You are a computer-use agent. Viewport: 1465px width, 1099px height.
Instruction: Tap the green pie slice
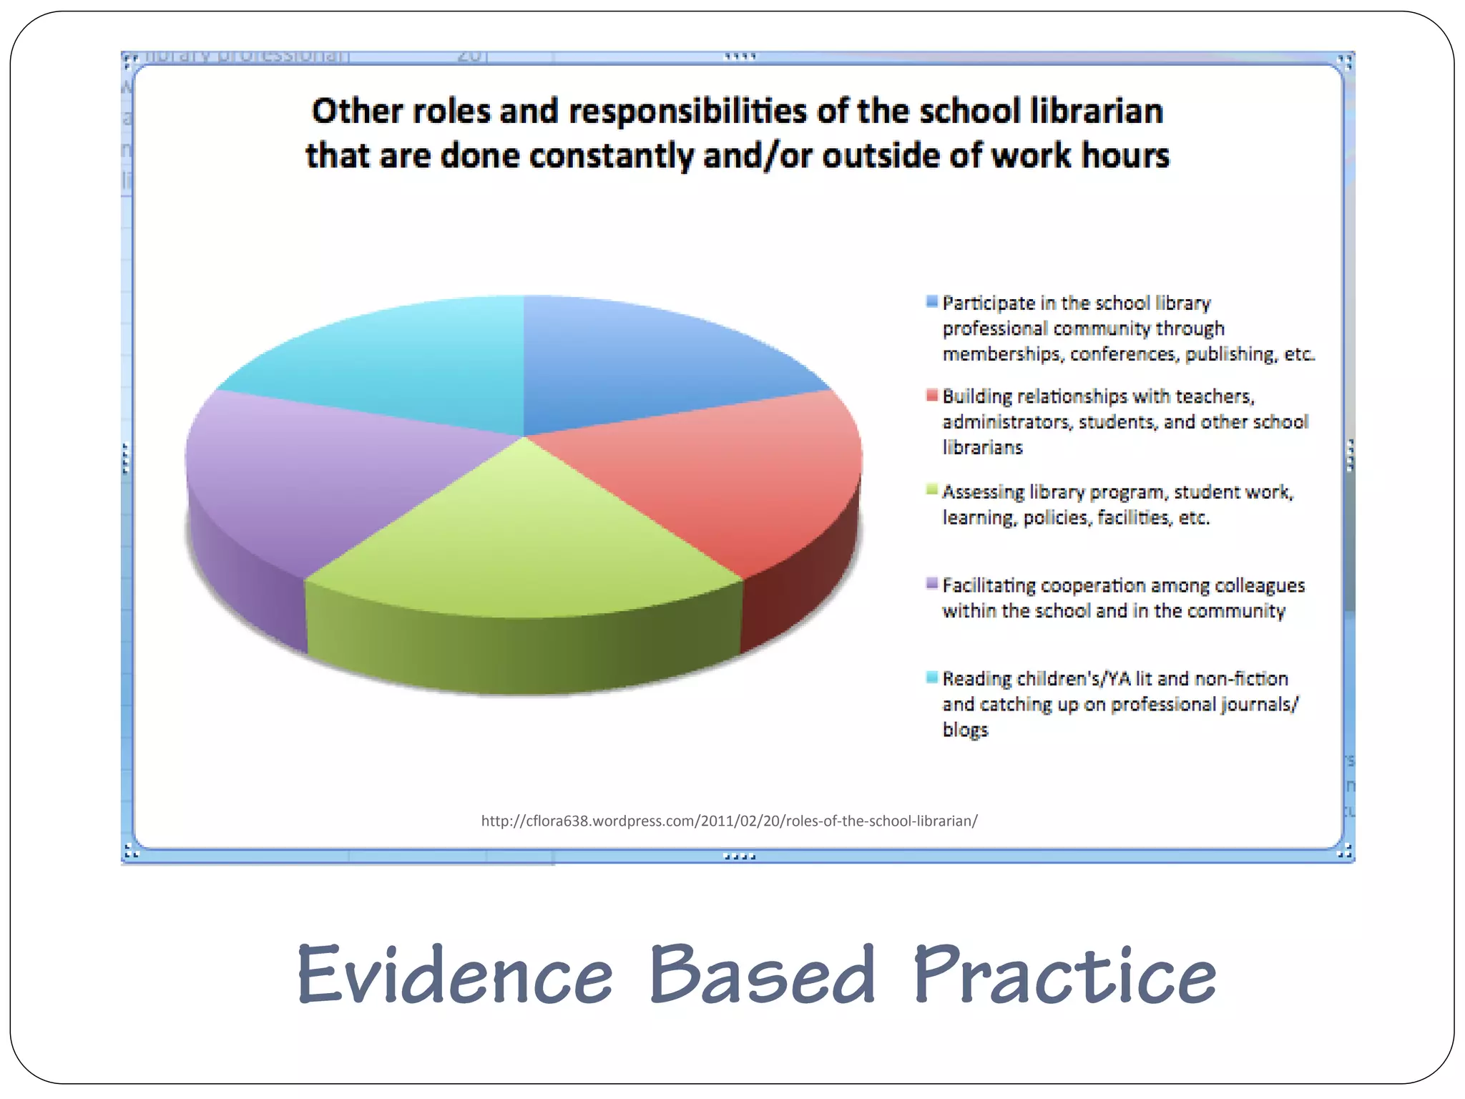[x=522, y=544]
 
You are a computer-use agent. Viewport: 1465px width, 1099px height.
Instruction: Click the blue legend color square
[x=931, y=301]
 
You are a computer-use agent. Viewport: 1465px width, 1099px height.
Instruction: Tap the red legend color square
[x=931, y=395]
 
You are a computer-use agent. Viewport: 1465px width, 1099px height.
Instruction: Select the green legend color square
[x=931, y=490]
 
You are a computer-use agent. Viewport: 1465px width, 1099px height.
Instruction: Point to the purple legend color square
[x=931, y=583]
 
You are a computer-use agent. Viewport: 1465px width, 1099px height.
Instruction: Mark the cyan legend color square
[x=931, y=677]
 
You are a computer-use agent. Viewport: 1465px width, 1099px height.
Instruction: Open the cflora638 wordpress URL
[x=729, y=821]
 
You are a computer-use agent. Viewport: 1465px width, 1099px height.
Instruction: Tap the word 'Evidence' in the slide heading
[x=455, y=975]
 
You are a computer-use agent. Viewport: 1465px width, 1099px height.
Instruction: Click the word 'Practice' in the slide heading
[x=1064, y=975]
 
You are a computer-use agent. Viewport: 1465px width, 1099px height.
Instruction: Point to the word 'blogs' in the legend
[x=965, y=731]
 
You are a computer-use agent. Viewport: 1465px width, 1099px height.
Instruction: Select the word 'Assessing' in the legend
[x=983, y=492]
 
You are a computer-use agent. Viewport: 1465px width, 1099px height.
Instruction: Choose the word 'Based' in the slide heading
[x=763, y=975]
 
